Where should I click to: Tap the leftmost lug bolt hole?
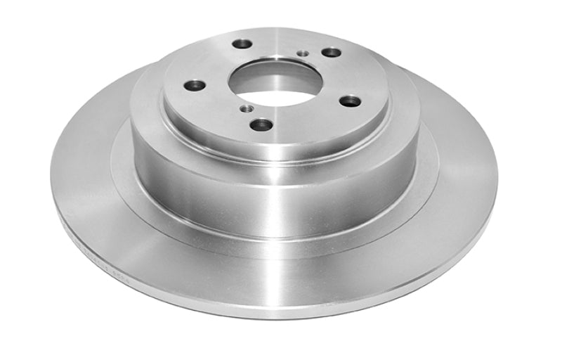click(x=195, y=85)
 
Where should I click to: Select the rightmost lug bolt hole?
click(x=349, y=101)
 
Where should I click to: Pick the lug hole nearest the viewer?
click(x=261, y=124)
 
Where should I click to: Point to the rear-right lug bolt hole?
click(x=330, y=52)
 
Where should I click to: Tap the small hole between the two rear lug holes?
click(x=302, y=53)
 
